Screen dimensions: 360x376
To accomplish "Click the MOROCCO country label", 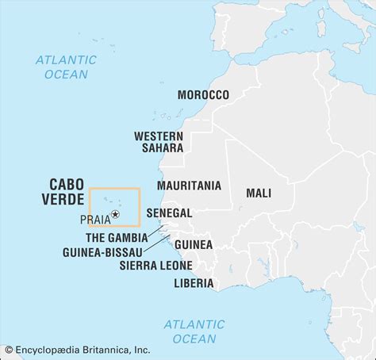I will click(203, 94).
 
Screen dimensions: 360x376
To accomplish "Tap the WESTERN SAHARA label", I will click(159, 141).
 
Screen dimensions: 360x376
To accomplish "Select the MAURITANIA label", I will click(189, 186).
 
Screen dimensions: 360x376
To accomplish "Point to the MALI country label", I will click(259, 192).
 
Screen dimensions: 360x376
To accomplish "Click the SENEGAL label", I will click(169, 213).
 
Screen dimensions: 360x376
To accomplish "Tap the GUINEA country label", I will click(193, 244).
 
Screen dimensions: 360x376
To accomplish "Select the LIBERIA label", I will click(194, 282).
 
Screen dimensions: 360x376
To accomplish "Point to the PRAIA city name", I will click(95, 219).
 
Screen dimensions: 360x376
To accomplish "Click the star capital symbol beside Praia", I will click(116, 214).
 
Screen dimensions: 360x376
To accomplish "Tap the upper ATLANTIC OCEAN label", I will click(66, 67).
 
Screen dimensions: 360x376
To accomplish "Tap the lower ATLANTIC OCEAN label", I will click(194, 331).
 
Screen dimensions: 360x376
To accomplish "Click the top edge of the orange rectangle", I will click(114, 188).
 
